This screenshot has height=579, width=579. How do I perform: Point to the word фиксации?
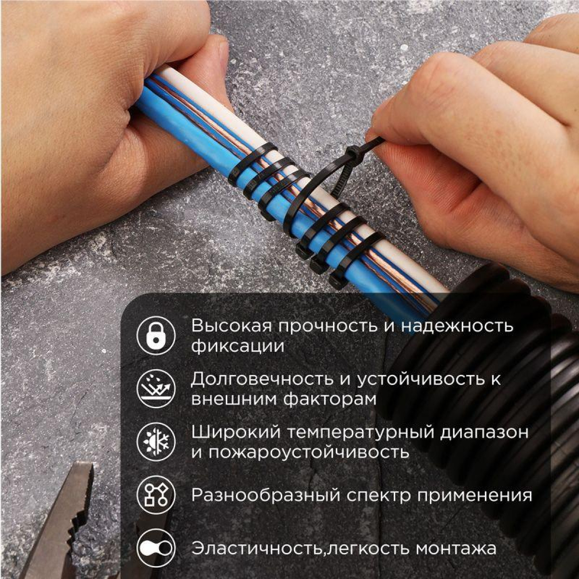[237, 346]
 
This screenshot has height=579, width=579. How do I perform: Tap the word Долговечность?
[262, 379]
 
